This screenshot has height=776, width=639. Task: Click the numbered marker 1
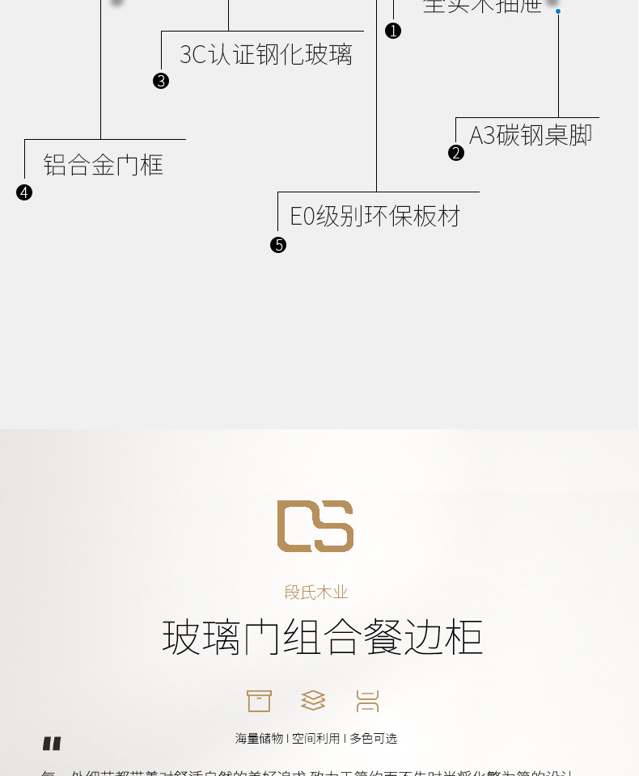(x=393, y=31)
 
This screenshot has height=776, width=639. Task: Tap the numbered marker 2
(x=456, y=153)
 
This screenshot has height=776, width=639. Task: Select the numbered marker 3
(x=161, y=81)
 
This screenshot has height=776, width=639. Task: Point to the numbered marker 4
(x=24, y=192)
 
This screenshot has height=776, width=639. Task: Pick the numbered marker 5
(x=278, y=245)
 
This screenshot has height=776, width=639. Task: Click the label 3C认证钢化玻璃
(x=266, y=55)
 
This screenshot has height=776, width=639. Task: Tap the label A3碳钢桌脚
(x=531, y=135)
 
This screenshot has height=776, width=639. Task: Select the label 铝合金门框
(x=104, y=166)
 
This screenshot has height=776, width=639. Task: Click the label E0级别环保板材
(x=375, y=217)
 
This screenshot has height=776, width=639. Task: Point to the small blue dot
(x=558, y=11)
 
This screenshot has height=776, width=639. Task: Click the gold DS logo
(x=315, y=526)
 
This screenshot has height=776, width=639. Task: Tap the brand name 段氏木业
(x=316, y=593)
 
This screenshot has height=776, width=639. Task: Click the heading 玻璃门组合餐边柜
(x=322, y=637)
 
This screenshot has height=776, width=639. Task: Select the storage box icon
(x=259, y=701)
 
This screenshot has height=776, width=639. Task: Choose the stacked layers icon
(x=313, y=701)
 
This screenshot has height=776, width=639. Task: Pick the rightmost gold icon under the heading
(x=367, y=701)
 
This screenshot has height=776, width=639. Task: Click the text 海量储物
(x=259, y=738)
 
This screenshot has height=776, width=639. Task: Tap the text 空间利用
(x=316, y=738)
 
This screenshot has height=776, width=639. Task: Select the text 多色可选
(x=374, y=738)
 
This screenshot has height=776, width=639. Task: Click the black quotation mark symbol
(x=52, y=744)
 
